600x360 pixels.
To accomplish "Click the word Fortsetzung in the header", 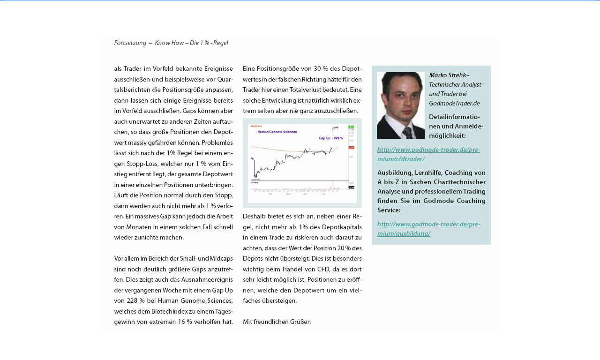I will (130, 43).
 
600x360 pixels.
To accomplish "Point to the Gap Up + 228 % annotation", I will (331, 138).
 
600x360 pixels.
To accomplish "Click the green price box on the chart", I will (351, 127).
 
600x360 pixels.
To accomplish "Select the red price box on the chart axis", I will (351, 148).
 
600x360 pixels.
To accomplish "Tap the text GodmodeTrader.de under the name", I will (454, 103).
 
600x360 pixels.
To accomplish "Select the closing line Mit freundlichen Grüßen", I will (277, 322).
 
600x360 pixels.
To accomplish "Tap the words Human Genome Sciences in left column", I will (195, 301).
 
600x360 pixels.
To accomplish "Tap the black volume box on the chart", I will (351, 187).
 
